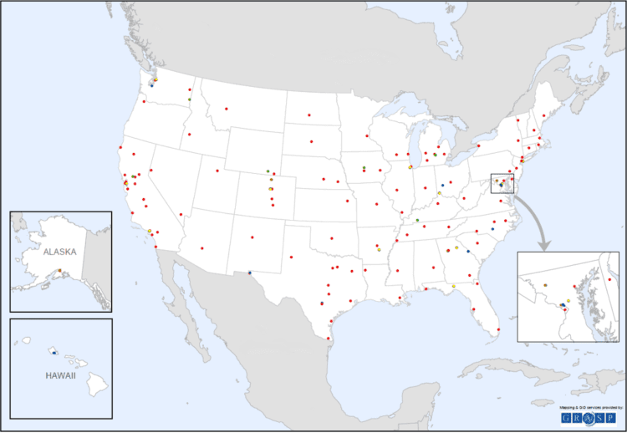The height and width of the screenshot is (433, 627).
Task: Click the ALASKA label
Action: coord(60,251)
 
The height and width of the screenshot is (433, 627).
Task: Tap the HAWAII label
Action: coord(60,375)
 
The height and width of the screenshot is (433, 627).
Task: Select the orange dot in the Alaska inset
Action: coord(59,270)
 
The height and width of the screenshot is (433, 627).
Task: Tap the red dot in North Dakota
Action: coord(309,115)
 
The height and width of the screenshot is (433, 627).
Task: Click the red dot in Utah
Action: coord(218,171)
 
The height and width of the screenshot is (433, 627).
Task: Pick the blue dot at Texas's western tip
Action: coord(250,273)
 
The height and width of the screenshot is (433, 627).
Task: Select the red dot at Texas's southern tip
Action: coord(325,338)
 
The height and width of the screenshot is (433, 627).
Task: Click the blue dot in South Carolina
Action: coord(468,252)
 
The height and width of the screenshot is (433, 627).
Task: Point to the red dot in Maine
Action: coord(545,115)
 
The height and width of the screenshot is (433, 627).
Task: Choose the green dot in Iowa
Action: coord(364,168)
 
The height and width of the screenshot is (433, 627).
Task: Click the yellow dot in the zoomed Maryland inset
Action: coord(568,299)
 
